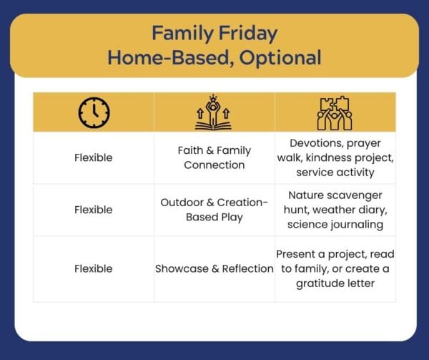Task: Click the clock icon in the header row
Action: (x=94, y=112)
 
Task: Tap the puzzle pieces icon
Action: (x=335, y=113)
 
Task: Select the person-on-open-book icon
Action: (x=213, y=112)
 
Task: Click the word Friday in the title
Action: (x=248, y=34)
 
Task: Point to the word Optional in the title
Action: (x=280, y=58)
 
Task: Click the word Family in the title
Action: (x=183, y=34)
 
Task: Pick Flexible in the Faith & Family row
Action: (x=93, y=157)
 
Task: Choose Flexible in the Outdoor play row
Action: (x=93, y=210)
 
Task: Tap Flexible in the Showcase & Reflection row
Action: (x=93, y=268)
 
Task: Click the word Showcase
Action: (x=182, y=268)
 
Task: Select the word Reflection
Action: (x=247, y=268)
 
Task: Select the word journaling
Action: (x=357, y=225)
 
